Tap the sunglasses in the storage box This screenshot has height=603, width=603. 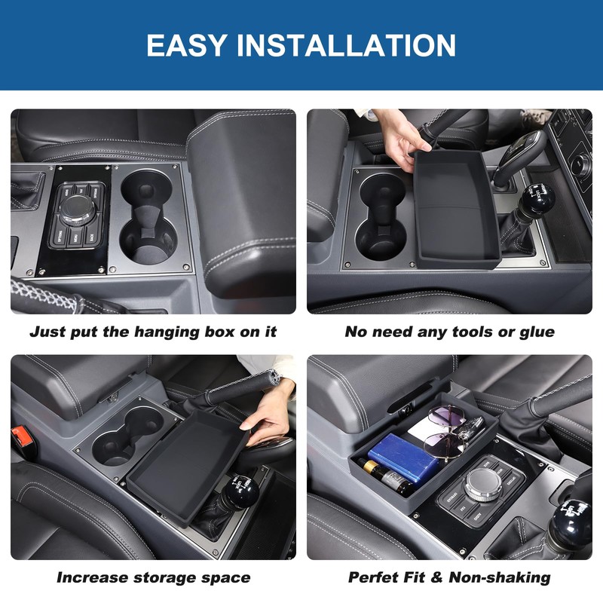tap(445, 430)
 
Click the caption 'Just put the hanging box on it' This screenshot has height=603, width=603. tap(153, 332)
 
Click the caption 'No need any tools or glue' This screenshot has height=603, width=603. tap(449, 332)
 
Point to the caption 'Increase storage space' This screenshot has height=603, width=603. tap(153, 578)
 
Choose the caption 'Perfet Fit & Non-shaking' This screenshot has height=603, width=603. tap(449, 578)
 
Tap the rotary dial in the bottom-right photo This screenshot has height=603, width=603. tap(483, 487)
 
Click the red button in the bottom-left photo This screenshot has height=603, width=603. tap(18, 436)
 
